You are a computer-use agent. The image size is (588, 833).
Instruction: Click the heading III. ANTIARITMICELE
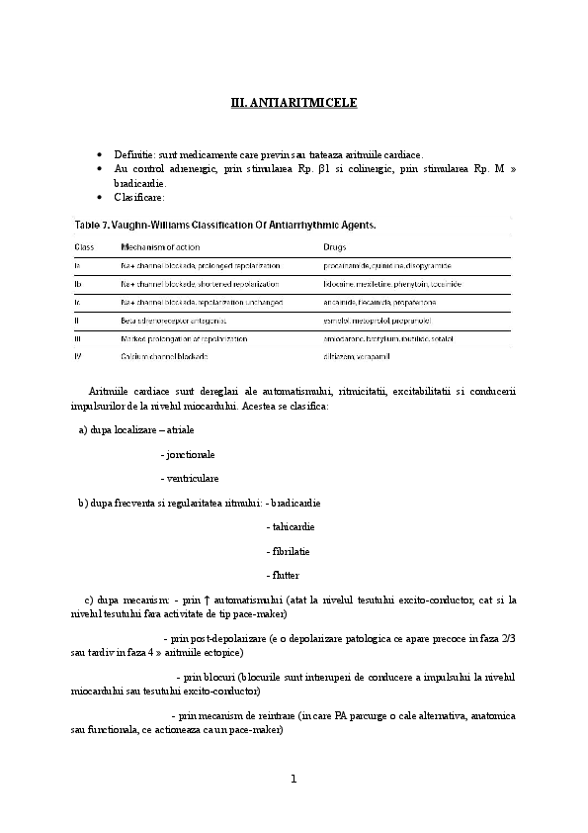[x=294, y=102]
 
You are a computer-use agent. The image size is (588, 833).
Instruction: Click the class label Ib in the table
[x=78, y=284]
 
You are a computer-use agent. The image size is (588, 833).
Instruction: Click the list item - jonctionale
[x=187, y=455]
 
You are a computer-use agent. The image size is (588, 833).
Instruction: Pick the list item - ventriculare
[x=189, y=479]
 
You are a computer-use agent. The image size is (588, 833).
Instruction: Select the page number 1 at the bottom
[x=294, y=779]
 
